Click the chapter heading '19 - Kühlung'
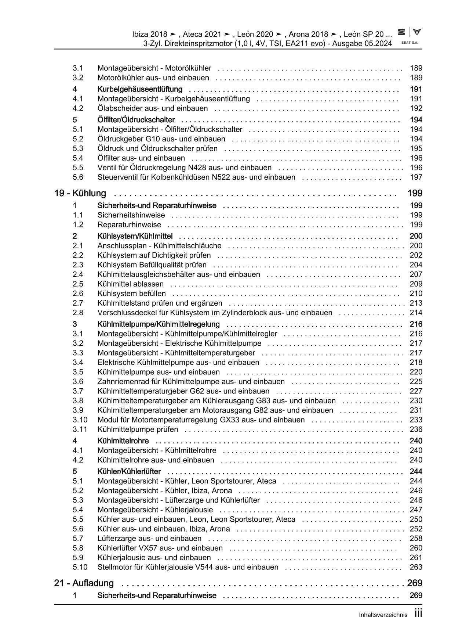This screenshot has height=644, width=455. coord(80,193)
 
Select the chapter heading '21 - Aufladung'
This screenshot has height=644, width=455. coord(84,583)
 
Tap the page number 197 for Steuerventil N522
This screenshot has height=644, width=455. coord(416,177)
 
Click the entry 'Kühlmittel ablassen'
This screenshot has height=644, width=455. coord(130,284)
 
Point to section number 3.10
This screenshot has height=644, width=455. coord(80,420)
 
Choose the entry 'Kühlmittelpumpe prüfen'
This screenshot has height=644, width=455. coord(138,429)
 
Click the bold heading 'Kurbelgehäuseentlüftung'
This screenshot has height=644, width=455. coord(140,89)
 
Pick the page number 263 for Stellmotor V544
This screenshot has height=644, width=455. coord(416,567)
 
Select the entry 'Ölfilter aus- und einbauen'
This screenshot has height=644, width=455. coord(141,158)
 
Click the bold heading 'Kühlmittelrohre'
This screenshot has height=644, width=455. coord(123,441)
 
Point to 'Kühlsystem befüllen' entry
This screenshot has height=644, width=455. coord(131,294)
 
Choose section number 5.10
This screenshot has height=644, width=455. coord(80,567)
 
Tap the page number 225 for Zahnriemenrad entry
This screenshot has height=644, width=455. coord(416,382)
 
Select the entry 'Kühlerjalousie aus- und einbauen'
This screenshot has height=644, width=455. coord(149,557)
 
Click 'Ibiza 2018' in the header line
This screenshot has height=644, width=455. coord(149,34)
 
